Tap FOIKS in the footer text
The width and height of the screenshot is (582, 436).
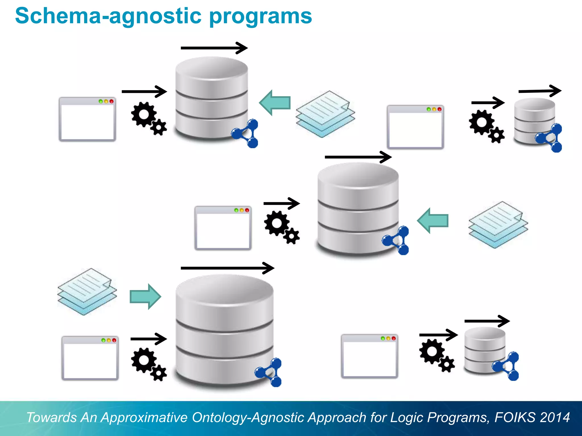tap(515, 418)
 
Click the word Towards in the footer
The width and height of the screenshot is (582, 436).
tap(51, 418)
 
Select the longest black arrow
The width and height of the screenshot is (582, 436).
tap(227, 268)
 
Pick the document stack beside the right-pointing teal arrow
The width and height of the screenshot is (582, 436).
tap(87, 292)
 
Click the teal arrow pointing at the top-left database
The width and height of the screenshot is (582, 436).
tap(275, 102)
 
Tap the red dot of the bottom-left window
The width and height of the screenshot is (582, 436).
tap(114, 340)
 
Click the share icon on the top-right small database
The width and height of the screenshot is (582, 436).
tap(550, 138)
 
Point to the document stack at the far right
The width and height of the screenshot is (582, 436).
tap(498, 225)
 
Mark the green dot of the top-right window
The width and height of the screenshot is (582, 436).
tap(429, 109)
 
